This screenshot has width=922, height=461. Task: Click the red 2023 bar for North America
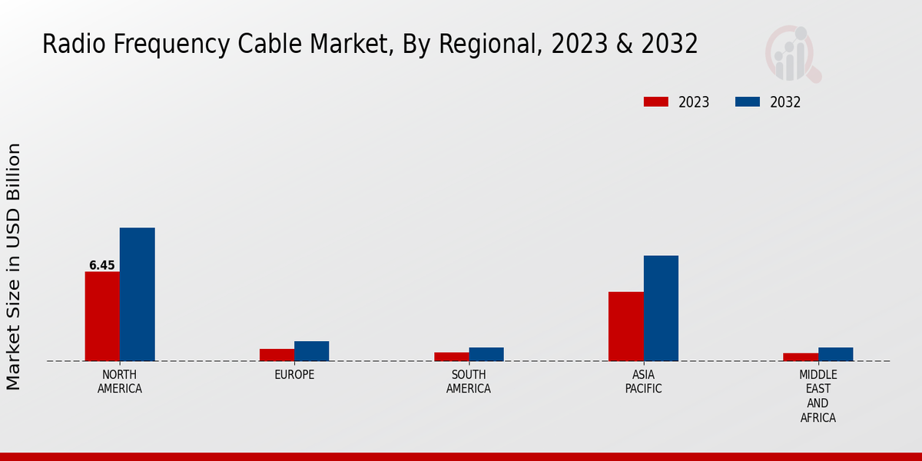[102, 316]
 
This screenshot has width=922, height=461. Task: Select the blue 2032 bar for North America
[137, 294]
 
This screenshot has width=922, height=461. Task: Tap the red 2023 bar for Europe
[277, 355]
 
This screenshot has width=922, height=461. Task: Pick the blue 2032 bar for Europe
[311, 351]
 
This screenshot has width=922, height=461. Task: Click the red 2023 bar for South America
[451, 357]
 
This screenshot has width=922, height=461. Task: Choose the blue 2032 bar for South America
[486, 354]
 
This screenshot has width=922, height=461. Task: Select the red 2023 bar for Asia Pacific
[625, 326]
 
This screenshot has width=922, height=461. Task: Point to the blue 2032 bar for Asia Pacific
[661, 308]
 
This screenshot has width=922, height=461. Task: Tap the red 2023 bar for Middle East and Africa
[801, 357]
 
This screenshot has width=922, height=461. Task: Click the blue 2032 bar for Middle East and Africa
[835, 354]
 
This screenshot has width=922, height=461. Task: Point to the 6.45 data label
[102, 266]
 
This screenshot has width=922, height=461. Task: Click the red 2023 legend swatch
[656, 102]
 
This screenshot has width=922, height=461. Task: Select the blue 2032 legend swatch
[748, 102]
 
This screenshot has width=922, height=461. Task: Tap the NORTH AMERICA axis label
[120, 382]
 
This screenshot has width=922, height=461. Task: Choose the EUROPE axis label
[294, 375]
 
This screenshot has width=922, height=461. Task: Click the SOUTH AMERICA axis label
[469, 382]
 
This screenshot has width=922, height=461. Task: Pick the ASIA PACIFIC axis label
[643, 382]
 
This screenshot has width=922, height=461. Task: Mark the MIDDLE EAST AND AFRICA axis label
[818, 396]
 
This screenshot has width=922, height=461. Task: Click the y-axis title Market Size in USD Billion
[14, 266]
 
